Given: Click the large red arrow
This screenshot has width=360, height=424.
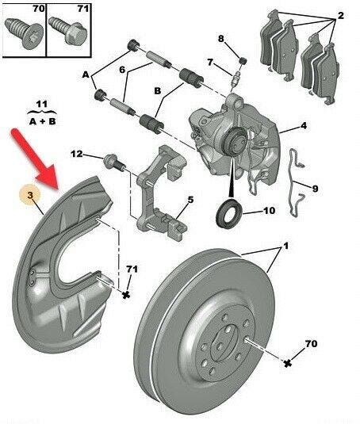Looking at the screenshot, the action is click(x=35, y=159).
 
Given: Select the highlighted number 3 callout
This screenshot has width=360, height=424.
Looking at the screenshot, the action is click(x=30, y=195).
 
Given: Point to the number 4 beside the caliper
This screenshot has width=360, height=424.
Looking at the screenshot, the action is click(x=303, y=126).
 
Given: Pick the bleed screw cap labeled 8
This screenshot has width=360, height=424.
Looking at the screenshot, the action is click(x=243, y=60).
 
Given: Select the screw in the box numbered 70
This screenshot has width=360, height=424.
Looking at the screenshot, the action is click(x=24, y=33).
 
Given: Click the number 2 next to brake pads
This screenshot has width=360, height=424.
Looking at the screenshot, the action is click(x=340, y=16).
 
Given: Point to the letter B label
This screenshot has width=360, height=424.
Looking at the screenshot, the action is click(x=158, y=91).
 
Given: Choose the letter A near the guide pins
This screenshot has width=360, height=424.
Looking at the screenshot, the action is click(x=86, y=74).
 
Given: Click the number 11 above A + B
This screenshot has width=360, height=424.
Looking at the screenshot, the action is click(x=41, y=104).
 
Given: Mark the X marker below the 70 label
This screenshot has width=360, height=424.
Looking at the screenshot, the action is click(x=288, y=363).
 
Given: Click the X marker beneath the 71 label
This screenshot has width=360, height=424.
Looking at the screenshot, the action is click(x=125, y=295).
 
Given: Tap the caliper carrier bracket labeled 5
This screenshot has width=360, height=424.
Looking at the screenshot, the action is click(x=162, y=192).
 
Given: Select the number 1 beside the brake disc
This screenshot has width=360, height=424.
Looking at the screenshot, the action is click(x=285, y=246).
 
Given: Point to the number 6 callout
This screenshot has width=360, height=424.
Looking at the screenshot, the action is click(x=122, y=70).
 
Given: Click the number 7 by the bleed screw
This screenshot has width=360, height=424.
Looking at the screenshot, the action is click(x=210, y=63).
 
